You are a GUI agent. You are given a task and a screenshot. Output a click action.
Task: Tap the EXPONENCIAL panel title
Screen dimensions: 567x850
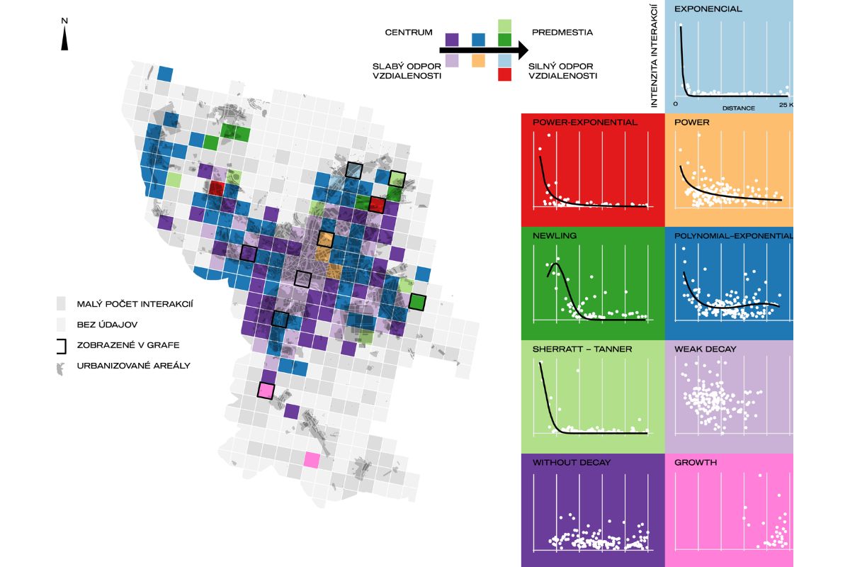[x=708, y=9]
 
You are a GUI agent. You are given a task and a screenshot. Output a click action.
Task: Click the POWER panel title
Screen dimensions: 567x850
[x=692, y=122]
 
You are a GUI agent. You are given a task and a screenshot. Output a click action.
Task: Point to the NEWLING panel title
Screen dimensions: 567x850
[x=555, y=235]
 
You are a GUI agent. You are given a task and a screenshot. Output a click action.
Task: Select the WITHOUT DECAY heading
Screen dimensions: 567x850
[x=571, y=462]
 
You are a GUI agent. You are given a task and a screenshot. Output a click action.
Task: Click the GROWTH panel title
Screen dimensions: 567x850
[x=696, y=462]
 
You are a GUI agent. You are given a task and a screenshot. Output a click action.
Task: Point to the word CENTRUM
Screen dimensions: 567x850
[x=409, y=33]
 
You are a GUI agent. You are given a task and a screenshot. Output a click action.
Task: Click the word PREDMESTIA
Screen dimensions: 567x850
[x=562, y=33]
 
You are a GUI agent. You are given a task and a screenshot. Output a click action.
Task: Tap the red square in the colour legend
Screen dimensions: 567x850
[x=505, y=74]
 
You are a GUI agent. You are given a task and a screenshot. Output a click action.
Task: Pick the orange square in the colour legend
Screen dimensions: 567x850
[x=478, y=62]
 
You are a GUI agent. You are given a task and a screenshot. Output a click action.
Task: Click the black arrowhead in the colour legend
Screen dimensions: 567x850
[x=521, y=50]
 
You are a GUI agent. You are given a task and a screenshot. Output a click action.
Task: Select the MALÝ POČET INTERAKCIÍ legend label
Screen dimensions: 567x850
[x=135, y=304]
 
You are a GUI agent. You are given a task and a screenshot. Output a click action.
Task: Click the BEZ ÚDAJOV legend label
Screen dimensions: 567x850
[x=107, y=325]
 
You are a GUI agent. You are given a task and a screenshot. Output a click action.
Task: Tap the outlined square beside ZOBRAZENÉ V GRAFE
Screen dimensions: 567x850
[x=62, y=345]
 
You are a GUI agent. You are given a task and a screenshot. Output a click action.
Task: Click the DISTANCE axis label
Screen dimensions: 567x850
[x=738, y=108]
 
